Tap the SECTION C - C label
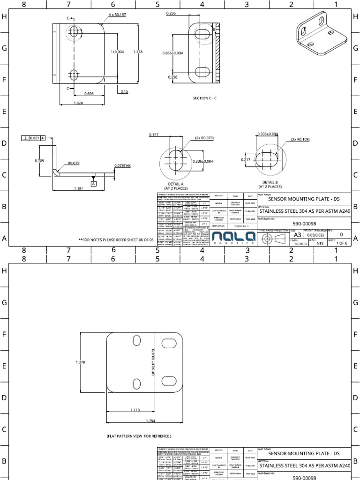pyautogui.click(x=205, y=98)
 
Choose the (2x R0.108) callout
pyautogui.click(x=300, y=139)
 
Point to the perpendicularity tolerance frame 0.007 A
pyautogui.click(x=33, y=138)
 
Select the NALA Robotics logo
pyautogui.click(x=230, y=238)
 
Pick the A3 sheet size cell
pyautogui.click(x=298, y=234)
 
